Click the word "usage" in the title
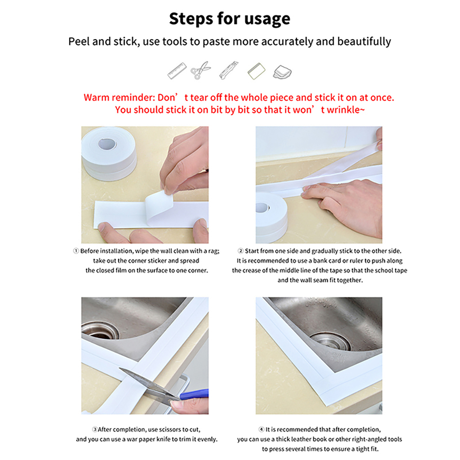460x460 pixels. click(267, 19)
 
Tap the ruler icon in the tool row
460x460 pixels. click(177, 71)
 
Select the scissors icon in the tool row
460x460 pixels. click(200, 70)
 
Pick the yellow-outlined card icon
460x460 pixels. click(256, 71)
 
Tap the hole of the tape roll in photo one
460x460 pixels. click(107, 144)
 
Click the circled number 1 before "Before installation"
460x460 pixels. click(76, 251)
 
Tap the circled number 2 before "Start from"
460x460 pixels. click(241, 251)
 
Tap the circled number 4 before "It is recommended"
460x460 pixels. click(261, 430)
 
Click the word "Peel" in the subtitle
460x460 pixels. click(79, 42)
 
